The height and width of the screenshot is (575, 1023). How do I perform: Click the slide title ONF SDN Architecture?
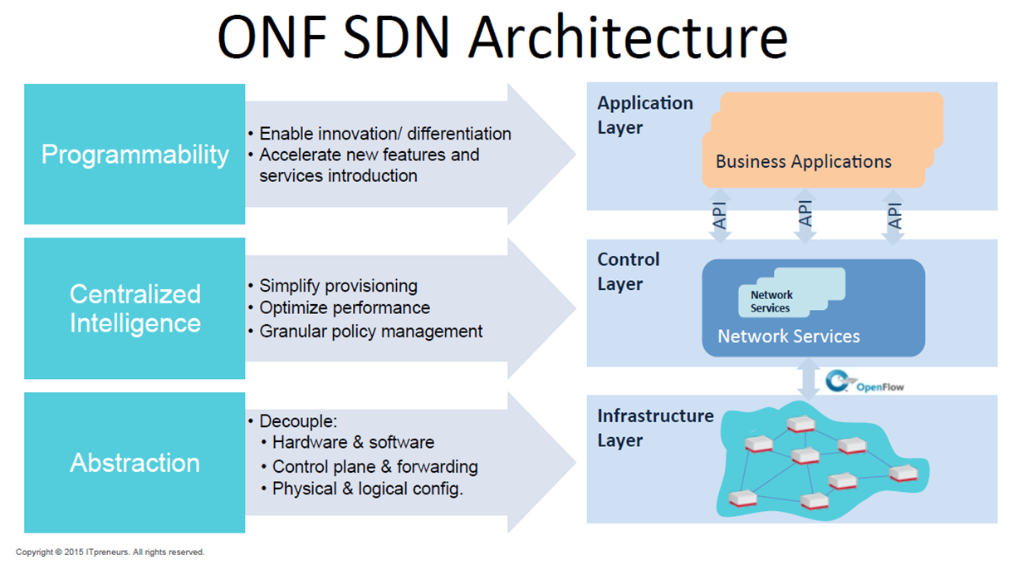[502, 37]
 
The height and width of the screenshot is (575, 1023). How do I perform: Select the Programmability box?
[135, 154]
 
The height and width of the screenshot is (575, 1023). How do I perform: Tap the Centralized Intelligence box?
[135, 308]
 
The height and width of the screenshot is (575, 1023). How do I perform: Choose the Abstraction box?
[135, 463]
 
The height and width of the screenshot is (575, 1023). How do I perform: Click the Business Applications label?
[803, 162]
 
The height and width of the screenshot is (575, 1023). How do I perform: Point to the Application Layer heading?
[645, 115]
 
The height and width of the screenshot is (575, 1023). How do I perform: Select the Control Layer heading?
[629, 272]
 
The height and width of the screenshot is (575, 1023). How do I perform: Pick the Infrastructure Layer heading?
[655, 428]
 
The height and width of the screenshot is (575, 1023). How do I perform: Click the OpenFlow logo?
[864, 381]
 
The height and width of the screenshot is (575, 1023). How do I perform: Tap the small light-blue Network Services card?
[791, 292]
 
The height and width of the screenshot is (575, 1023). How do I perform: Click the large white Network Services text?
[789, 337]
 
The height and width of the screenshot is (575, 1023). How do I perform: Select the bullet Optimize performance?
[345, 308]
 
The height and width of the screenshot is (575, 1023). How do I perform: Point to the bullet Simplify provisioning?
[338, 286]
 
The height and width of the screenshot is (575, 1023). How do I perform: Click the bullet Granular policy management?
[370, 332]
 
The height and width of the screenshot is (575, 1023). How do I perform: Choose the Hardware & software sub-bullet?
[353, 442]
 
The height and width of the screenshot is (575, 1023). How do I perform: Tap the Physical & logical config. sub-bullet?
[368, 489]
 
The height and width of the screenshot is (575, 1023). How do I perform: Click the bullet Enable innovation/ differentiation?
[385, 134]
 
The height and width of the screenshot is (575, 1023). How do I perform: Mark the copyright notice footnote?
[110, 552]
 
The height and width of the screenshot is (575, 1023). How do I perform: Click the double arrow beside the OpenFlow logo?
[808, 380]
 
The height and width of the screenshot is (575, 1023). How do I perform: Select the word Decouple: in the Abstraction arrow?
[298, 421]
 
